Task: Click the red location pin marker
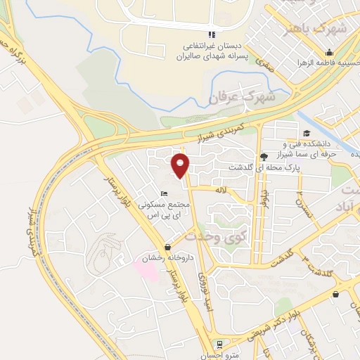tap(181, 165)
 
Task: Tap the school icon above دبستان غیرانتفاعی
tap(210, 35)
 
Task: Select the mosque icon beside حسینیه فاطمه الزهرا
tap(328, 53)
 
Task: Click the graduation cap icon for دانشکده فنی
tap(306, 134)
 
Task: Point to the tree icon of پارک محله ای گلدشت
tap(264, 156)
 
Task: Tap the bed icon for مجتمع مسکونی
tap(164, 194)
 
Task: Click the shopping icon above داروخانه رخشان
tap(167, 247)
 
